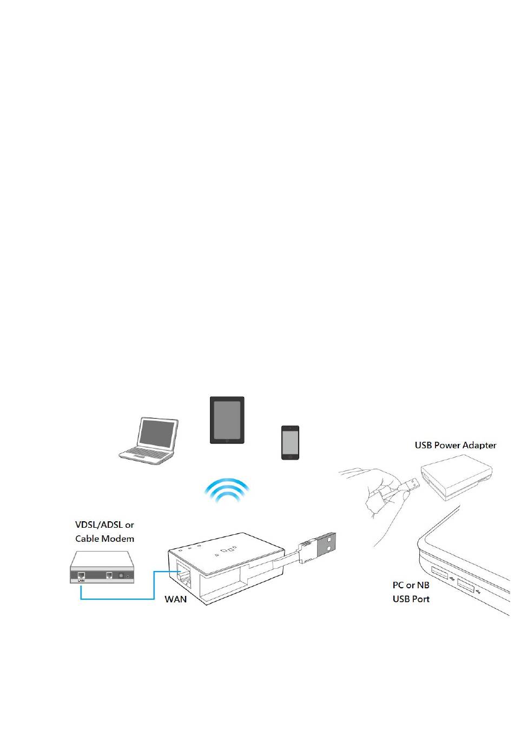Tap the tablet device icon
tap(227, 420)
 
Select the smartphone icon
tap(290, 443)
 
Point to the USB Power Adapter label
tap(455, 446)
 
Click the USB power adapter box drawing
tap(457, 476)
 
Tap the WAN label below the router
tap(175, 599)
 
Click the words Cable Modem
tap(104, 539)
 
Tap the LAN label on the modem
tap(81, 581)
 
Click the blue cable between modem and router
tap(117, 599)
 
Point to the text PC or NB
tap(411, 585)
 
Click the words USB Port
tap(411, 599)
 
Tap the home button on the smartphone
tap(290, 457)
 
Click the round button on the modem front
tap(120, 576)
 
